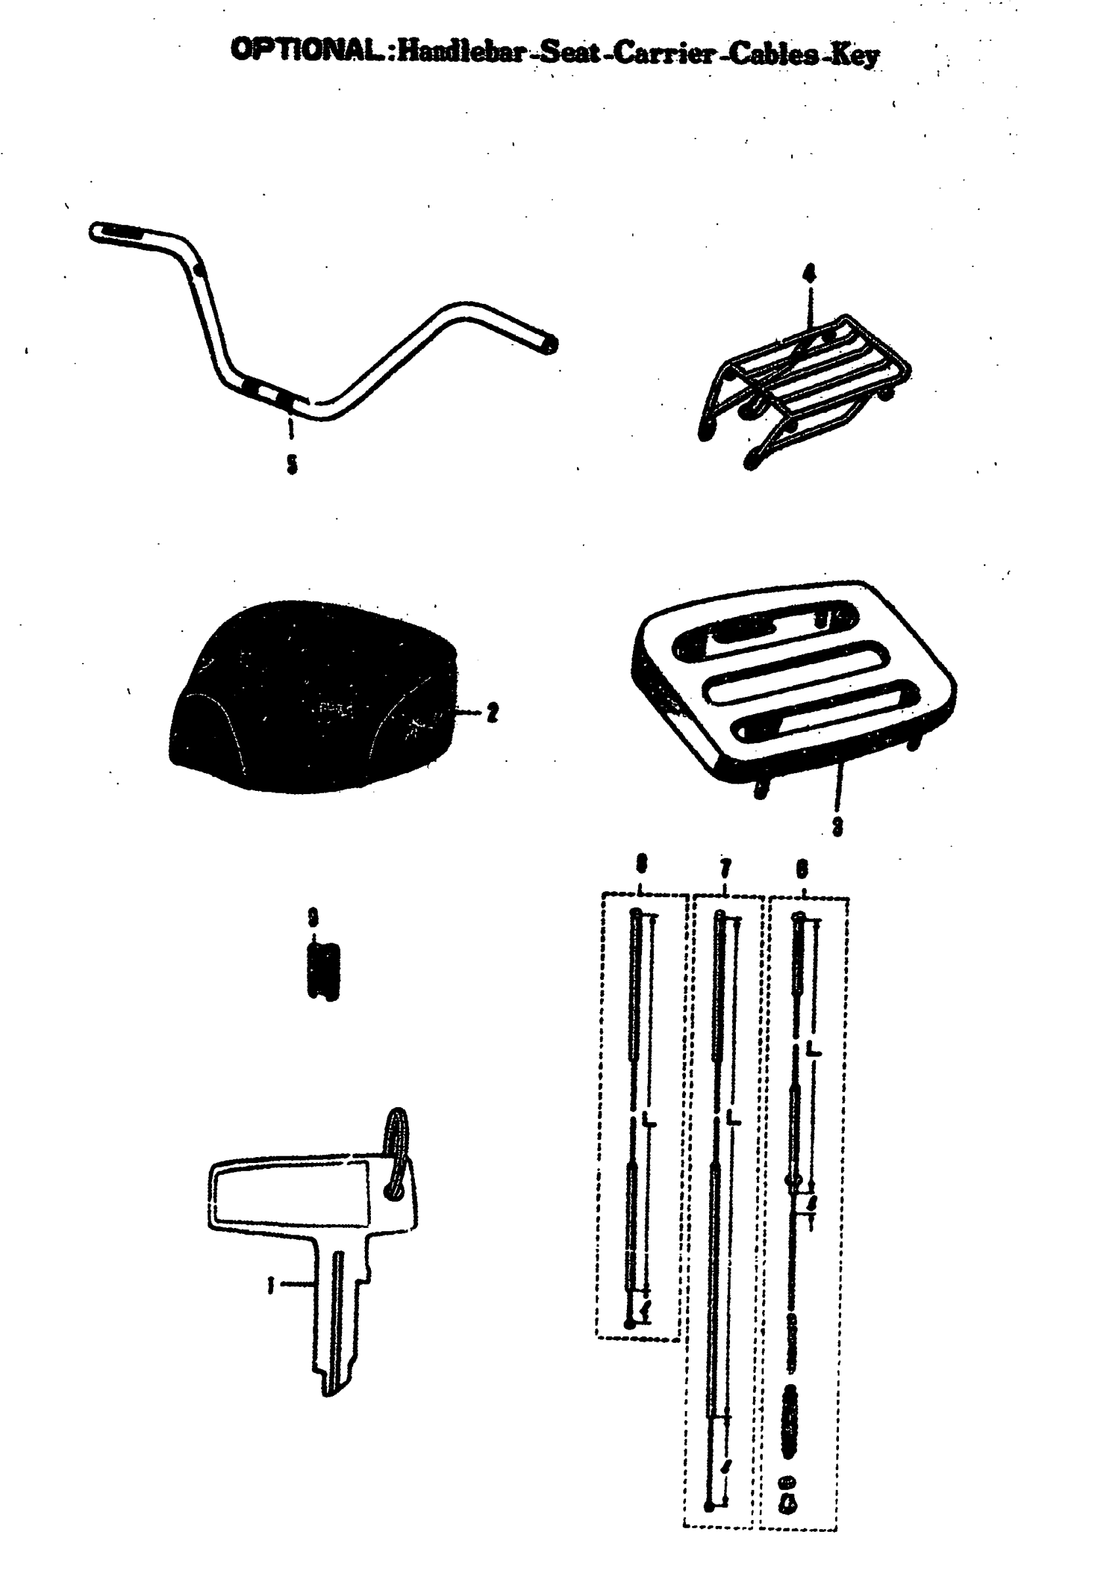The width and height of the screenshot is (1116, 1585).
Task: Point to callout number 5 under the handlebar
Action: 292,465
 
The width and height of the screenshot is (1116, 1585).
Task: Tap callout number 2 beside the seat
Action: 492,712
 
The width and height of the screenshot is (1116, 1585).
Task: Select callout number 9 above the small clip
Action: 314,918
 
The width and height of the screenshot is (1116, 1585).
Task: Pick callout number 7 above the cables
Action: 725,868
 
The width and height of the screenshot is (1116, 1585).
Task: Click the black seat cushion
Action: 314,697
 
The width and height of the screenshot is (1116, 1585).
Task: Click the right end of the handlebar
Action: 549,344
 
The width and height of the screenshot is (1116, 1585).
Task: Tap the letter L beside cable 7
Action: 733,1117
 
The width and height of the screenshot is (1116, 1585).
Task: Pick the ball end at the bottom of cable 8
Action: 629,1323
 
